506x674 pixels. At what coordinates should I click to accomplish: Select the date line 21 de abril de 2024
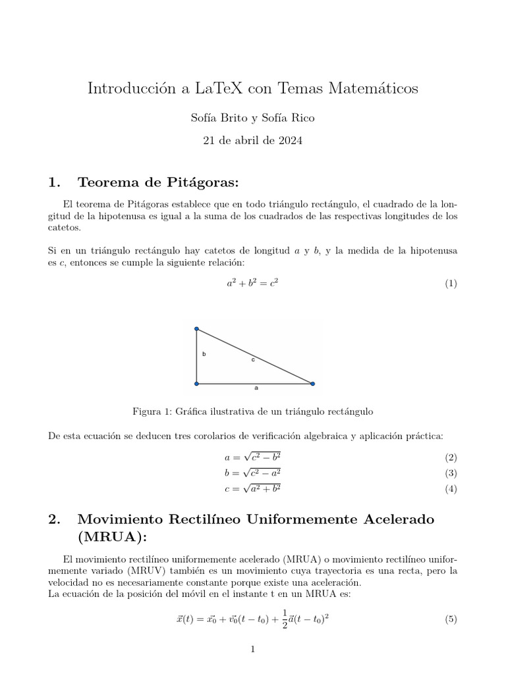[x=253, y=141]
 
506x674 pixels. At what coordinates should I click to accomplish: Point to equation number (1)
[x=451, y=284]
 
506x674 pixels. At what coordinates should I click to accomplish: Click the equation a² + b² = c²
[x=253, y=284]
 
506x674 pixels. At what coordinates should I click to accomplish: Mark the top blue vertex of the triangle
[x=196, y=329]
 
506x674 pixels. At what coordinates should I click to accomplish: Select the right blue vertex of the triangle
[x=312, y=383]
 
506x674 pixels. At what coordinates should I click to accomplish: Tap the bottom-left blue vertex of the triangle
[x=196, y=383]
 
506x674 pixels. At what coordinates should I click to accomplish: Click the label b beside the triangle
[x=204, y=354]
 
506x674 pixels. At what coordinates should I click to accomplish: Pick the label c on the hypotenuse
[x=252, y=360]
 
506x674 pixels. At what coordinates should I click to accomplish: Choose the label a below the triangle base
[x=256, y=388]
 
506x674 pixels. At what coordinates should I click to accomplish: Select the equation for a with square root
[x=253, y=457]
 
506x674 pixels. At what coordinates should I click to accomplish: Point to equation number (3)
[x=451, y=473]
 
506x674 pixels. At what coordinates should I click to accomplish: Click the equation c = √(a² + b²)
[x=253, y=489]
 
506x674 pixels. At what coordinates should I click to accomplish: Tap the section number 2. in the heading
[x=55, y=519]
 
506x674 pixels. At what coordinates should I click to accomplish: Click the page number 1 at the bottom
[x=252, y=650]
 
